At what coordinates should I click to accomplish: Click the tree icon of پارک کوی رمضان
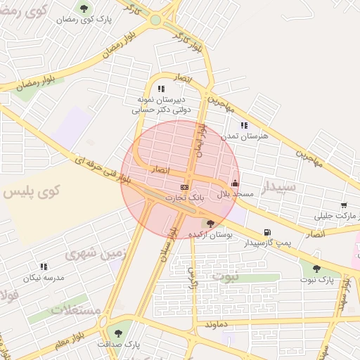[x=84, y=8]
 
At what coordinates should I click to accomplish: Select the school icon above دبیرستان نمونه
[x=161, y=89]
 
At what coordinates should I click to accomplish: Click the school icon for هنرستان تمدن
[x=244, y=125]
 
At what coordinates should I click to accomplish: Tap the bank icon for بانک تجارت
[x=184, y=187]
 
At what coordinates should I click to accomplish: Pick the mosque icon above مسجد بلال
[x=235, y=183]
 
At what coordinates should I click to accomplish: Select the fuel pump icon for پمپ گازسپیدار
[x=266, y=233]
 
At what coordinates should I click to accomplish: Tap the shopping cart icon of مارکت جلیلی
[x=343, y=205]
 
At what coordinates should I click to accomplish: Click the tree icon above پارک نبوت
[x=316, y=269]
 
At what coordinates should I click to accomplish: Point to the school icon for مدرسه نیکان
[x=44, y=266]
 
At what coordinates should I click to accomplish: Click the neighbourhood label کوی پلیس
[x=32, y=191]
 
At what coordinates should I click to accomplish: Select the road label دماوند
[x=218, y=326]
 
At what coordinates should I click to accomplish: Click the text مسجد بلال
[x=229, y=193]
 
